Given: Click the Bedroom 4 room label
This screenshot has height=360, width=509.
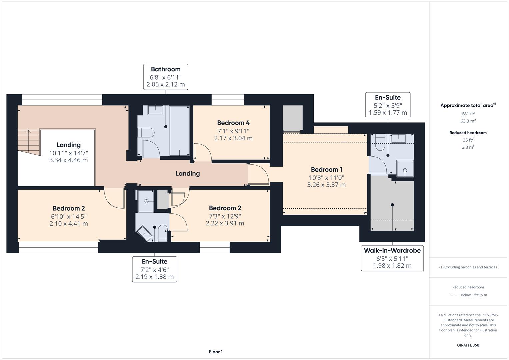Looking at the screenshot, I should click(233, 123).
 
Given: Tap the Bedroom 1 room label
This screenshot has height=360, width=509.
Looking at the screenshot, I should click(326, 170).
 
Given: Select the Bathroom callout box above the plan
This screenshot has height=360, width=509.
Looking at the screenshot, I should click(166, 77).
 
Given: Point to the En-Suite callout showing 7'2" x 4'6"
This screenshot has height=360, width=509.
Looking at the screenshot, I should click(154, 269).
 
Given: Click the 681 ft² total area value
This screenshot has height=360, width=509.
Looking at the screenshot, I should click(468, 114).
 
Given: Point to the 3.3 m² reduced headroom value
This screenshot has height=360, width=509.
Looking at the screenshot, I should click(468, 147).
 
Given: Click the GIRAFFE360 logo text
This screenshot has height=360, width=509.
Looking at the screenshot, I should click(468, 345).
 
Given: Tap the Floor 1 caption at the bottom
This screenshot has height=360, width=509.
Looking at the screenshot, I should click(216, 352).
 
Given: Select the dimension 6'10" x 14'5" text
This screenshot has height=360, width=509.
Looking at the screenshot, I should click(69, 216).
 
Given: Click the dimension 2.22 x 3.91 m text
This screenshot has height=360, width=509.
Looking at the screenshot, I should click(225, 223).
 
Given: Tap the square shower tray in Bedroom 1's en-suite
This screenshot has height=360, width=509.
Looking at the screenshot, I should click(405, 168).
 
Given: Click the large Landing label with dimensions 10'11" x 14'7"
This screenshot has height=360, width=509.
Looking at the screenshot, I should click(68, 145).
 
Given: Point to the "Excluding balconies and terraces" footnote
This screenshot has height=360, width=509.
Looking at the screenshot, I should click(468, 267).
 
